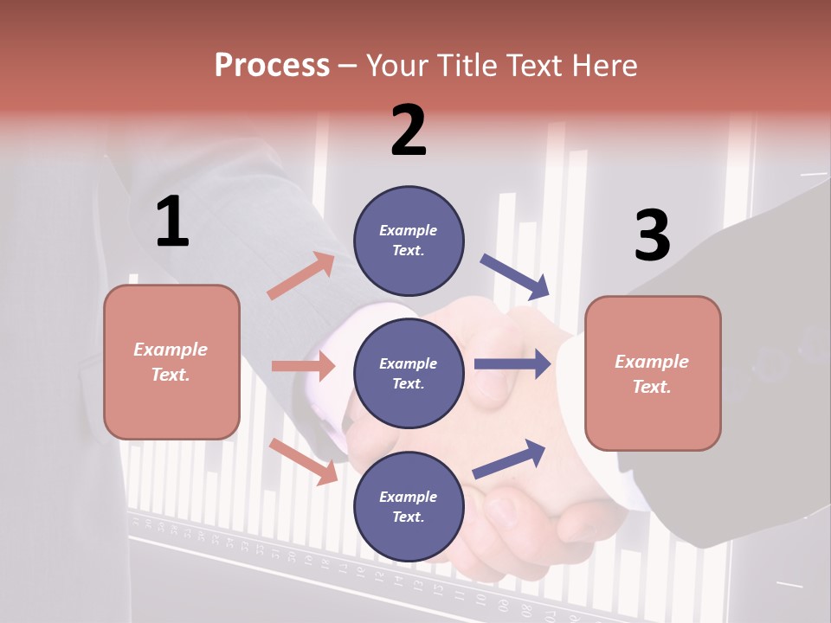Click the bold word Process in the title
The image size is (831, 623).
[x=272, y=66]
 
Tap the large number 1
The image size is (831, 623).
[x=172, y=222]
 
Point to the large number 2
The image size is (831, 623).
[x=409, y=131]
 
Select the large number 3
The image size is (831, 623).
[x=652, y=235]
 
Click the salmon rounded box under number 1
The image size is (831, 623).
[x=171, y=362]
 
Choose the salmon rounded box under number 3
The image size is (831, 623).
[x=653, y=374]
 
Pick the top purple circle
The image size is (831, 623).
[x=409, y=240]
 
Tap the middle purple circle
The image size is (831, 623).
[x=409, y=373]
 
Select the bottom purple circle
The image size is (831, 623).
[x=409, y=506]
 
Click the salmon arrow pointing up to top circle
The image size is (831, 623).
[x=301, y=275]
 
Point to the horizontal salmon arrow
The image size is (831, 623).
[x=303, y=366]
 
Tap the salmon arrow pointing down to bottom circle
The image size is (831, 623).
[x=303, y=461]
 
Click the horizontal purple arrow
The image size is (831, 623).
[x=512, y=364]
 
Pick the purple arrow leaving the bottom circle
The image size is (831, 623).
[x=509, y=459]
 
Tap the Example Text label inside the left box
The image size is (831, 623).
[x=171, y=362]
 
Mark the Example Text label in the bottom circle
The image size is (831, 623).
[x=408, y=506]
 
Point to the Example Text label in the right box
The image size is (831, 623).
[x=652, y=374]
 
